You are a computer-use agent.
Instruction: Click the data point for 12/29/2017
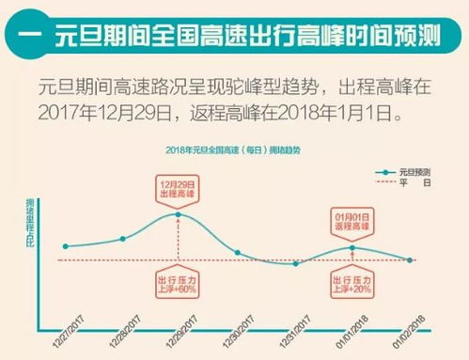(x=179, y=214)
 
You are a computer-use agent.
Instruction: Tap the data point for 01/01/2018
(x=352, y=247)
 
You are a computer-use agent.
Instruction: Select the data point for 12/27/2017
(x=64, y=246)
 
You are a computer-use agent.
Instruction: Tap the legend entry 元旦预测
(x=414, y=173)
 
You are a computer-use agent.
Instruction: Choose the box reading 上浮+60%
(x=178, y=283)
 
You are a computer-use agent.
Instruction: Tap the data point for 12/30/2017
(x=237, y=253)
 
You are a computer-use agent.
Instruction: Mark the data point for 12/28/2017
(x=122, y=239)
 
